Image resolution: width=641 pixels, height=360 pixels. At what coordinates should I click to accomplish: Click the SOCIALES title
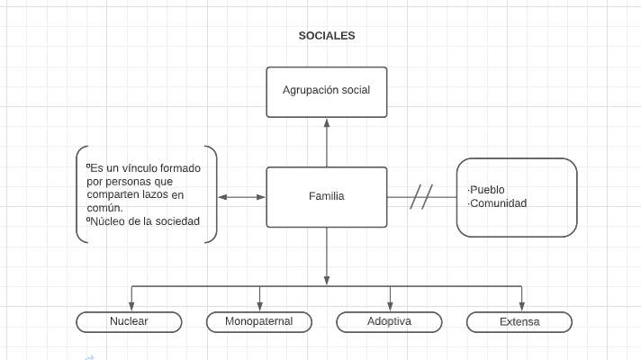point(327,36)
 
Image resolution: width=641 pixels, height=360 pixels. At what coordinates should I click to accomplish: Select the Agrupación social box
point(326,91)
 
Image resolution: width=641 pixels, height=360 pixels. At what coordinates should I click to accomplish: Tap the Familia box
point(326,196)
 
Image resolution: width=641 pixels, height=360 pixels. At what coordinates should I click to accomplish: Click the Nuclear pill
point(129,321)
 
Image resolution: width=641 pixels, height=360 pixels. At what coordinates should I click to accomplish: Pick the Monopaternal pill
point(258,321)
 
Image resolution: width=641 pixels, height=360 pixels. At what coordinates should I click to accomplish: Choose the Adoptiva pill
point(389,321)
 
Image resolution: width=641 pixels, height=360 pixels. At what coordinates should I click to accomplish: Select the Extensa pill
point(519,321)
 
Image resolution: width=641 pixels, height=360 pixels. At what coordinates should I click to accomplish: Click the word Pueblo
point(488,190)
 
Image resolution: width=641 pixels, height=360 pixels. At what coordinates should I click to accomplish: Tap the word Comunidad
point(499,203)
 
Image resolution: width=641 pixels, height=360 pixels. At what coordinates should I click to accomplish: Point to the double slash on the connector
point(421,196)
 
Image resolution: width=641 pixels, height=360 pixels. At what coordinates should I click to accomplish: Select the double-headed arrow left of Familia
point(242,196)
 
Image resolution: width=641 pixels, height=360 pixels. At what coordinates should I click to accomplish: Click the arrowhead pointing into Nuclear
point(131,307)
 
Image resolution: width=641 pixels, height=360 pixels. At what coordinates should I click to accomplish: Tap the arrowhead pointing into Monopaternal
point(260,307)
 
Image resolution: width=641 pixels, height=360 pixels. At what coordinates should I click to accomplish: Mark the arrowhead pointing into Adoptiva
point(390,307)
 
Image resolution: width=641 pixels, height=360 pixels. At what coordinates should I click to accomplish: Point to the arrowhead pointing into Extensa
point(520,307)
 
